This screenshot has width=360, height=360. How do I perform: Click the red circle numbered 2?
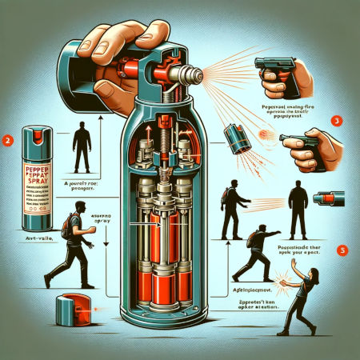(x=7, y=138)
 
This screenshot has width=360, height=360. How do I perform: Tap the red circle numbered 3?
(x=337, y=121)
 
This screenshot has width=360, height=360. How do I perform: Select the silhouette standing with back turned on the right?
(x=298, y=209)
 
